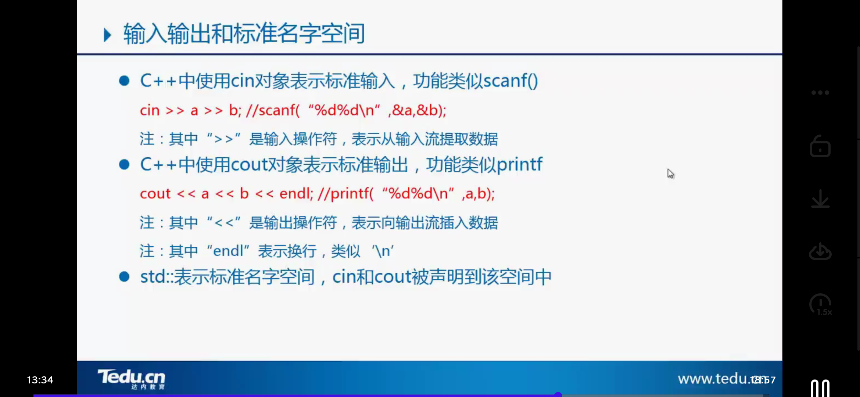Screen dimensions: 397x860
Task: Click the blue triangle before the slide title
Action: pyautogui.click(x=107, y=35)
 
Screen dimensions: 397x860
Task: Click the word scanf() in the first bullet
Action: pyautogui.click(x=511, y=81)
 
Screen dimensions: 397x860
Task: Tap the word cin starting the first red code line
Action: pyautogui.click(x=150, y=110)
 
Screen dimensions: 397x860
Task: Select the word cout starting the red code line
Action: pyautogui.click(x=155, y=194)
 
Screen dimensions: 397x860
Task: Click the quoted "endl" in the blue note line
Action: pyautogui.click(x=228, y=251)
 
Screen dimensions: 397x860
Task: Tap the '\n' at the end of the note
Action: pyautogui.click(x=383, y=251)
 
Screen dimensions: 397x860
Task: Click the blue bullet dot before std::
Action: pyautogui.click(x=124, y=277)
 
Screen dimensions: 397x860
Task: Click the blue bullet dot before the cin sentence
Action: pyautogui.click(x=124, y=81)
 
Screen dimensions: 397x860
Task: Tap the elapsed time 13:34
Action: pyautogui.click(x=40, y=380)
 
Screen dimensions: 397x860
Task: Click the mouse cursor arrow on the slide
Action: pyautogui.click(x=670, y=174)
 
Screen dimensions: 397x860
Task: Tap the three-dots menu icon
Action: pyautogui.click(x=820, y=93)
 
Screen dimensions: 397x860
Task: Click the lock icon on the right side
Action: pyautogui.click(x=820, y=146)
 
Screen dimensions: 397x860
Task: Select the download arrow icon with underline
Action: pyautogui.click(x=820, y=199)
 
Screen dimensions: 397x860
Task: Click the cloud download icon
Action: pyautogui.click(x=820, y=251)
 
